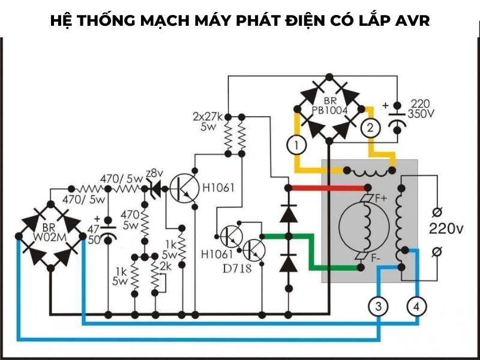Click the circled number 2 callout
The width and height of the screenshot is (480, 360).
tap(370, 127)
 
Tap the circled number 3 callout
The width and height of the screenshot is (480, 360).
tap(378, 307)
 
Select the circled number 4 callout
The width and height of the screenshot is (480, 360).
tap(417, 307)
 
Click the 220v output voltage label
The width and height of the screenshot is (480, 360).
tap(446, 229)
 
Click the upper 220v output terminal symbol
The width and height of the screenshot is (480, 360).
tap(437, 211)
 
